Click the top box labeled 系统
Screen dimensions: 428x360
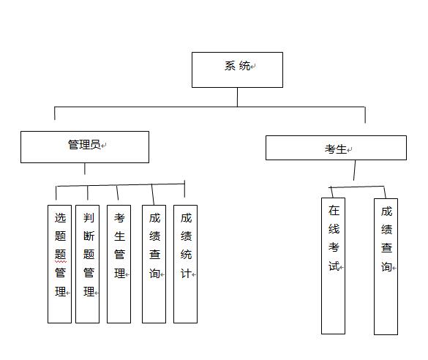(237, 70)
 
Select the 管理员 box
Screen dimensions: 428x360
(85, 147)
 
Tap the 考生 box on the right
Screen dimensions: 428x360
(336, 148)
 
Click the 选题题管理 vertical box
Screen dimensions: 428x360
(59, 264)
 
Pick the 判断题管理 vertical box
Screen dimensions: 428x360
(87, 264)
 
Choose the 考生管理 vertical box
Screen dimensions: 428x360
(119, 264)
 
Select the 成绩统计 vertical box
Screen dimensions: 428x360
(185, 264)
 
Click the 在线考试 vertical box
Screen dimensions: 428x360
(333, 266)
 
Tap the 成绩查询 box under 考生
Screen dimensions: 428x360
(386, 266)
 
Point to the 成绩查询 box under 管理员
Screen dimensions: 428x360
(154, 264)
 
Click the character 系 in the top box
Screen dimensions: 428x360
(230, 66)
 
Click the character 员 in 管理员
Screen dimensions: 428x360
(95, 145)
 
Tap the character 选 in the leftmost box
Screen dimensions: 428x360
(60, 218)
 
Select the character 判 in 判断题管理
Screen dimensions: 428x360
(89, 218)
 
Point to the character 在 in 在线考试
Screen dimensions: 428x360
(334, 211)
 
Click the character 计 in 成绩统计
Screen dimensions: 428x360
(186, 274)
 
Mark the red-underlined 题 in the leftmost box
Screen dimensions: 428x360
(60, 255)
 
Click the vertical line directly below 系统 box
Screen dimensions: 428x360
(237, 97)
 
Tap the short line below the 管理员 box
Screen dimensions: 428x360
(85, 169)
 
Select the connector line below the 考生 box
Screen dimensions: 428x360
(355, 170)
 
